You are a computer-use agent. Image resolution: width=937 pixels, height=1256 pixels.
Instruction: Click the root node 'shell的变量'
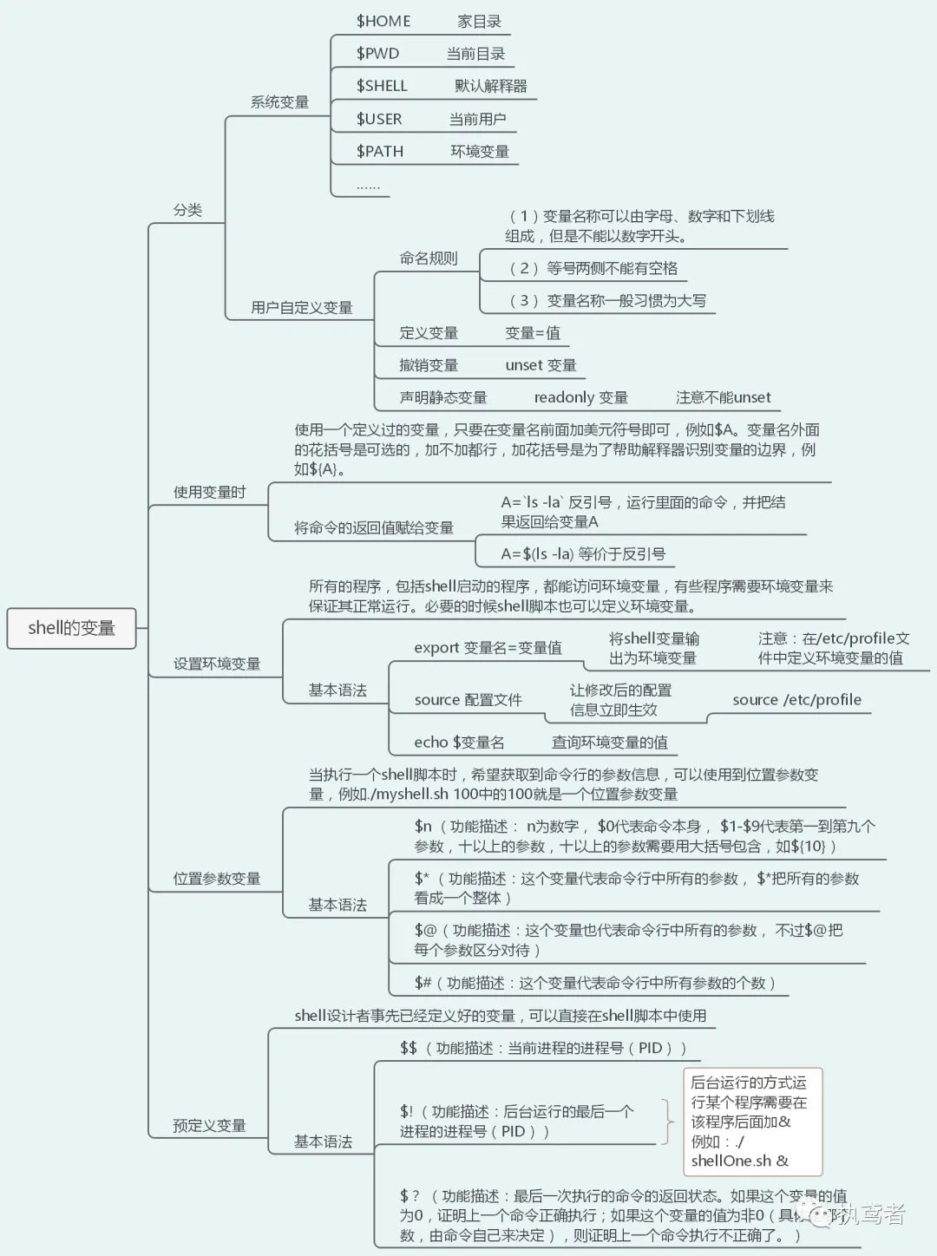point(71,628)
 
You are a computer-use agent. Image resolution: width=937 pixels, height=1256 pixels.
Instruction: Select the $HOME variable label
point(383,22)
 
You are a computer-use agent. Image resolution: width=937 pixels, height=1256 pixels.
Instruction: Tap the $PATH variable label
point(380,152)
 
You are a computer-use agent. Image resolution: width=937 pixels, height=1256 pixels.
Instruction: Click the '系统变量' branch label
point(279,102)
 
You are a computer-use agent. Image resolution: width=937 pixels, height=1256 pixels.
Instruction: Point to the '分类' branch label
point(187,210)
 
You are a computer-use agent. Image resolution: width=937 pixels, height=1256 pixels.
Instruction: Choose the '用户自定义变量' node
point(301,307)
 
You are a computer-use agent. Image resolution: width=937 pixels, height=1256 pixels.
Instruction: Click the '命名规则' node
point(428,258)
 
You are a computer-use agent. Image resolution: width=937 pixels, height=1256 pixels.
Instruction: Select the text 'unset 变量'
point(541,365)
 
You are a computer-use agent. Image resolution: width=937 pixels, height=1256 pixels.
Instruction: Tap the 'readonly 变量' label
point(580,397)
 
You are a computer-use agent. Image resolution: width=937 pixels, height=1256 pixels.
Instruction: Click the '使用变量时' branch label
point(209,493)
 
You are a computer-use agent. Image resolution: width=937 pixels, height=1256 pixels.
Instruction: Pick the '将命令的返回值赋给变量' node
point(373,527)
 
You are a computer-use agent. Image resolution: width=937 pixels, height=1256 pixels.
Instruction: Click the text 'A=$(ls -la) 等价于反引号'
point(582,553)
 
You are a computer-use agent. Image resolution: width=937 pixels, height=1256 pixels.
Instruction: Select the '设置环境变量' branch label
point(216,664)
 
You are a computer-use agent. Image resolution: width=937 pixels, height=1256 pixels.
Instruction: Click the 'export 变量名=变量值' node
point(488,648)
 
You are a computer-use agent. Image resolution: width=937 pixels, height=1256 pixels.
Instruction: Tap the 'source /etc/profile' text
point(796,700)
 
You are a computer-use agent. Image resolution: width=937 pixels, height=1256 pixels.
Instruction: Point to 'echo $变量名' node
point(459,742)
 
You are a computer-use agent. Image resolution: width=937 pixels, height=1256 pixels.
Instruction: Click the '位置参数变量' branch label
point(216,879)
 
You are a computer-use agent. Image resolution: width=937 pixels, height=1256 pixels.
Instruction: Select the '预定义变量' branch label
point(209,1126)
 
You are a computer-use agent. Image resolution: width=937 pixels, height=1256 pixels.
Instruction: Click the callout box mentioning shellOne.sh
point(752,1121)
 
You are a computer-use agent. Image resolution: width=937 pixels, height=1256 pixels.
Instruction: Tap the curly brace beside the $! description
point(667,1121)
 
